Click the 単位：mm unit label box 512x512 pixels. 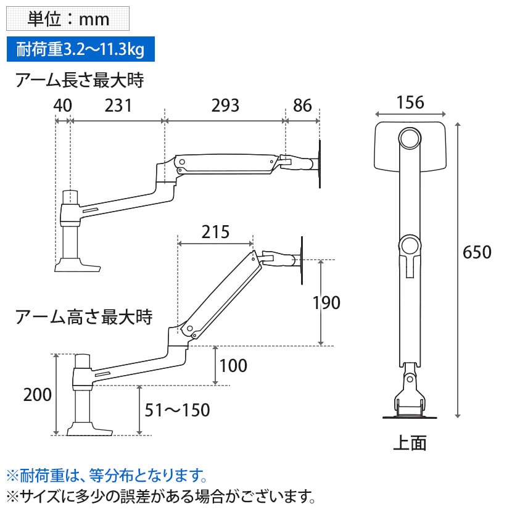(67, 19)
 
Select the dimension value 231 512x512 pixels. (118, 105)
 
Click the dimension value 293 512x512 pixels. (225, 105)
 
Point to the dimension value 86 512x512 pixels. (302, 105)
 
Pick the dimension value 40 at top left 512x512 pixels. (62, 105)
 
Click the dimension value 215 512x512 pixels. (215, 232)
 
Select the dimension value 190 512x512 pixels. (326, 303)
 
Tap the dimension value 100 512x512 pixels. (233, 366)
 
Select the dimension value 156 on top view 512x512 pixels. (410, 102)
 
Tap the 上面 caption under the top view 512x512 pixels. (410, 443)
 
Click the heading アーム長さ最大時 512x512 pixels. (83, 80)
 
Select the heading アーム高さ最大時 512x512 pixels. (83, 318)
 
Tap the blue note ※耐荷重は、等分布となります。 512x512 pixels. (105, 476)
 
